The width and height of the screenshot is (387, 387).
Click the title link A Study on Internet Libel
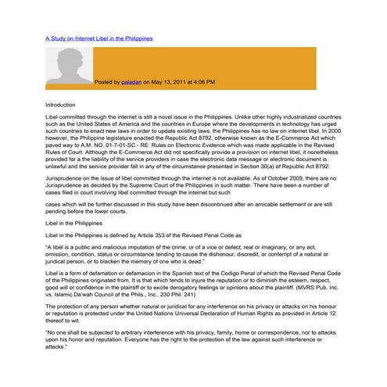99,38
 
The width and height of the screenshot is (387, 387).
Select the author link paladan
131,81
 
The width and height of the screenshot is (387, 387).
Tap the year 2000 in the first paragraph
334,131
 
